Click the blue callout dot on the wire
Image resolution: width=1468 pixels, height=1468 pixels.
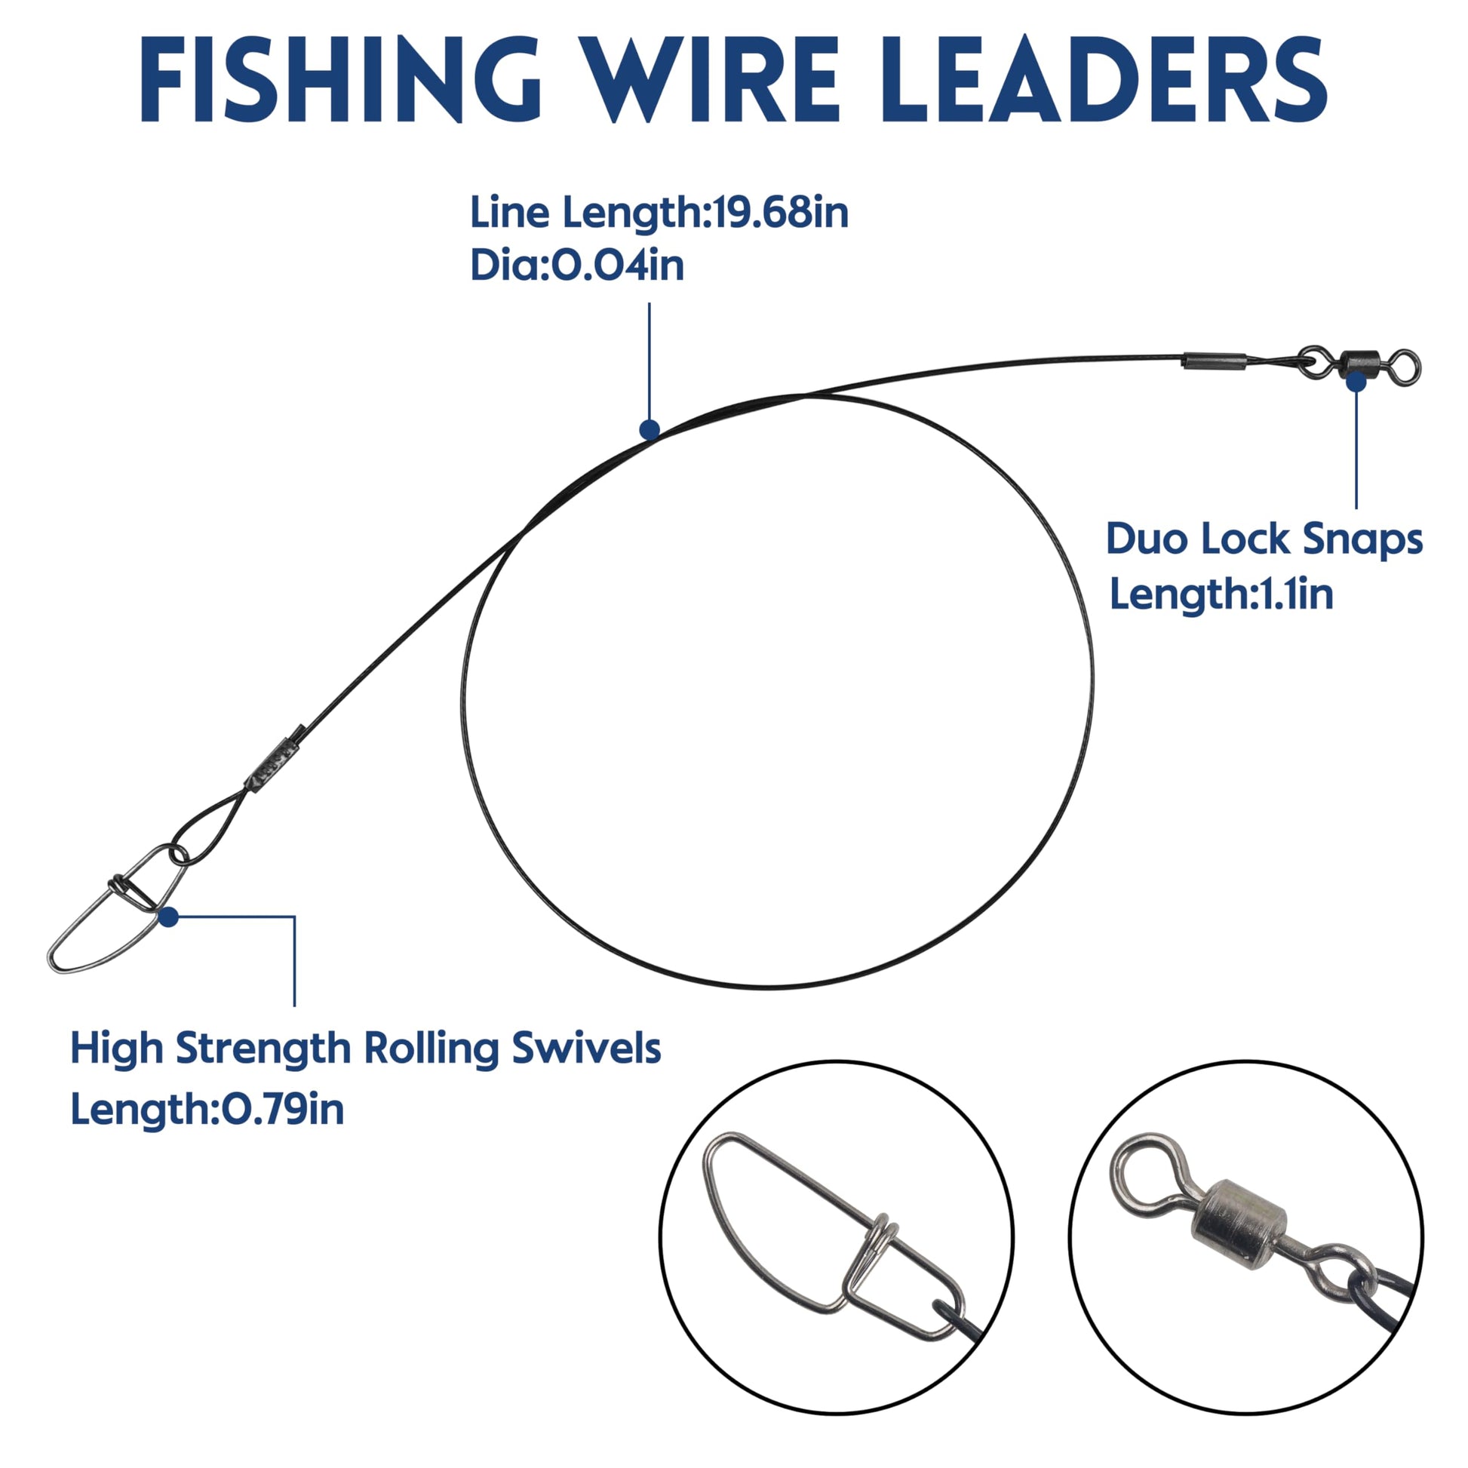(x=649, y=430)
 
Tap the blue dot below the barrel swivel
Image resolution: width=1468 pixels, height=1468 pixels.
(x=1356, y=382)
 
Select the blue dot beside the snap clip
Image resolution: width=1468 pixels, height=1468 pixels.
(x=169, y=917)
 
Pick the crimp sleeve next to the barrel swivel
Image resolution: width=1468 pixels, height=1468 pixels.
(x=1214, y=360)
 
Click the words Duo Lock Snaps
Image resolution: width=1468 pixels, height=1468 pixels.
(x=1264, y=539)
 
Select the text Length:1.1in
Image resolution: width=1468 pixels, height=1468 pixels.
(x=1221, y=594)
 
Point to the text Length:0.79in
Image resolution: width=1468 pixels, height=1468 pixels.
(x=207, y=1110)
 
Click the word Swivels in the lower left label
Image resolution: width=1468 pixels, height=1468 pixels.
(x=586, y=1049)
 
